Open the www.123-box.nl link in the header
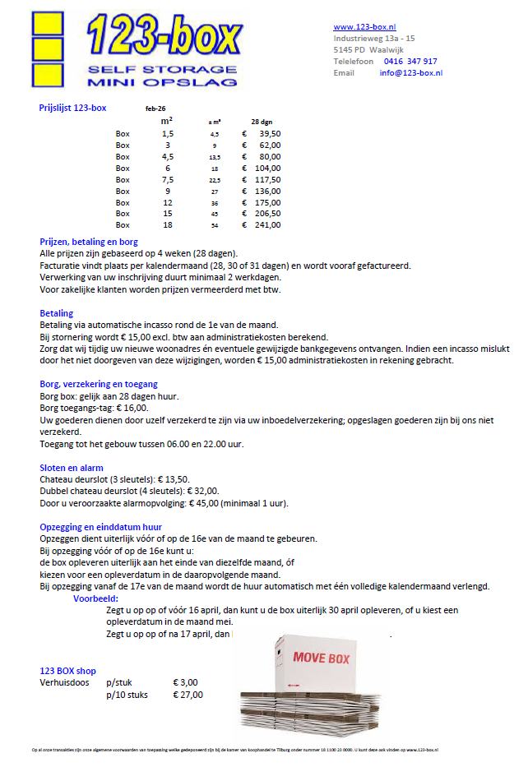pyautogui.click(x=364, y=27)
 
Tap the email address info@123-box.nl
pyautogui.click(x=410, y=73)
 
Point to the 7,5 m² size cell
pyautogui.click(x=167, y=179)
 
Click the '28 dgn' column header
pyautogui.click(x=262, y=122)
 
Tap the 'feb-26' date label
pyautogui.click(x=155, y=109)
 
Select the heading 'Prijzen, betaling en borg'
pyautogui.click(x=89, y=242)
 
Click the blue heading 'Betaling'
pyautogui.click(x=57, y=313)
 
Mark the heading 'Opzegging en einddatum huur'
pyautogui.click(x=101, y=527)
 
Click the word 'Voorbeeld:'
pyautogui.click(x=96, y=599)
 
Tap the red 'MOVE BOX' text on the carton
pyautogui.click(x=321, y=658)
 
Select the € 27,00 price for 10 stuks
pyautogui.click(x=188, y=695)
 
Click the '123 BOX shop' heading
pyautogui.click(x=68, y=672)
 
